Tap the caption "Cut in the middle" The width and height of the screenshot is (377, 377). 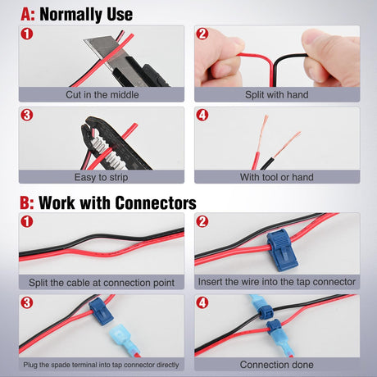pyautogui.click(x=102, y=94)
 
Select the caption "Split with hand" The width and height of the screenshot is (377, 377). pyautogui.click(x=277, y=94)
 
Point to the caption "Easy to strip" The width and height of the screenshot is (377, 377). pyautogui.click(x=102, y=176)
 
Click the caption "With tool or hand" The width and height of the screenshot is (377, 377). pyautogui.click(x=277, y=176)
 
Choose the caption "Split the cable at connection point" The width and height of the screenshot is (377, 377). pyautogui.click(x=102, y=282)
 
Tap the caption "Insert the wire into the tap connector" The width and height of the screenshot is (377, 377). pyautogui.click(x=277, y=282)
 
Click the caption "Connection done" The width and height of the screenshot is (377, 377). pyautogui.click(x=277, y=364)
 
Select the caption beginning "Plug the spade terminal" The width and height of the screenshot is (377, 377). pyautogui.click(x=102, y=364)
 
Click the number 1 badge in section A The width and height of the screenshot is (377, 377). pyautogui.click(x=28, y=34)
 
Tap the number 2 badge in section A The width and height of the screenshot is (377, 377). pyautogui.click(x=203, y=34)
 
